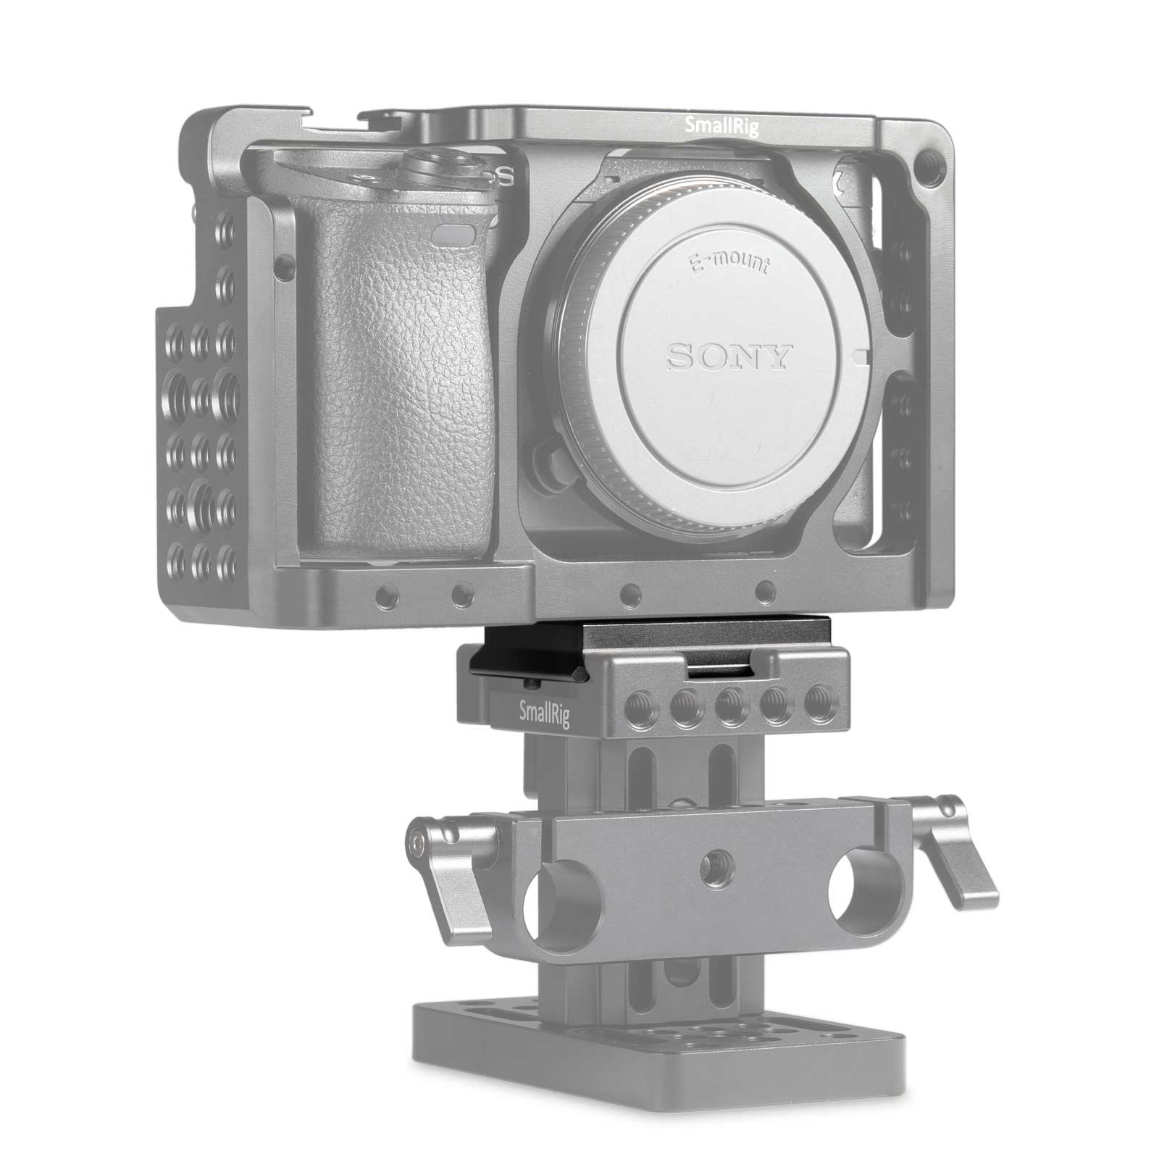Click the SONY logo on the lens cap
pyautogui.click(x=729, y=356)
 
